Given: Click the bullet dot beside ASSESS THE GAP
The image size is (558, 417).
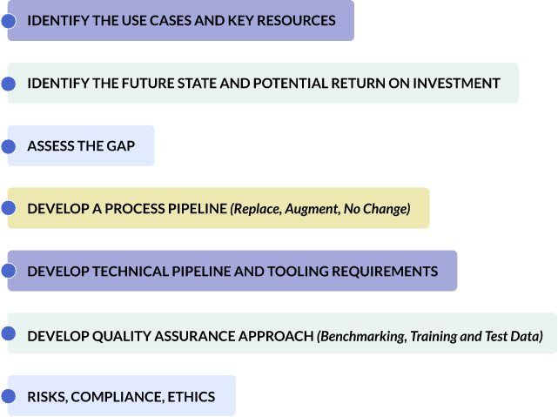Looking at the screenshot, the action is click(9, 146).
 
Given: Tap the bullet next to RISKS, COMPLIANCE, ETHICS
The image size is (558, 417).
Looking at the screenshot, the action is click(9, 396).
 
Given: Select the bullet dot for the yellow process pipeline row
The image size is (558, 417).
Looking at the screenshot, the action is click(9, 208).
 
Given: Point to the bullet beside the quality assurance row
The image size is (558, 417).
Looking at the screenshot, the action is click(9, 333).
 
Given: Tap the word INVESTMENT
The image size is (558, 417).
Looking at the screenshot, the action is click(456, 84).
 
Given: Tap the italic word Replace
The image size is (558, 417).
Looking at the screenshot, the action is click(256, 209).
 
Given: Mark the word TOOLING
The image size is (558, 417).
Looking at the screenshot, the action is click(298, 272).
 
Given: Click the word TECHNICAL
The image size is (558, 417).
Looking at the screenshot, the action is click(131, 272).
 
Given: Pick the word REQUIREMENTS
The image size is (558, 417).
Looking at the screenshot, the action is click(385, 272).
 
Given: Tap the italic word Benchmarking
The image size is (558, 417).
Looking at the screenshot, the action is click(362, 336).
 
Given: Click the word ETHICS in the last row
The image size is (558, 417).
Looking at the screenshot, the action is click(192, 397).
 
